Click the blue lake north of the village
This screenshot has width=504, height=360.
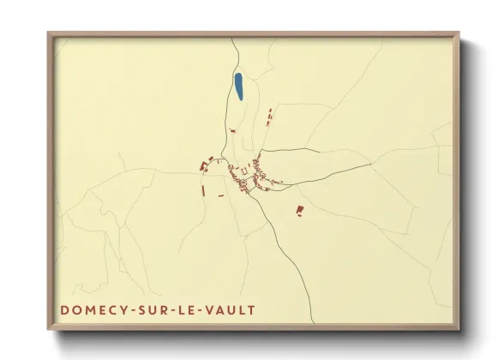[238, 87]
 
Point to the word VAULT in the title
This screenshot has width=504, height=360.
[231, 309]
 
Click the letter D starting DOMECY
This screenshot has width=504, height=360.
[65, 309]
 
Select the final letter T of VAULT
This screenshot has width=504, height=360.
[251, 309]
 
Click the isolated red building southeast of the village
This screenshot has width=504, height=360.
[299, 209]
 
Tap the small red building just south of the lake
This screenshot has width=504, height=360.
[232, 130]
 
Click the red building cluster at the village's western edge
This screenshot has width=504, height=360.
[205, 165]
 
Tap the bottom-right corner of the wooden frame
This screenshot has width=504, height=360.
[459, 329]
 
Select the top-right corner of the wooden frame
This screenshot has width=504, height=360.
[459, 34]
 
